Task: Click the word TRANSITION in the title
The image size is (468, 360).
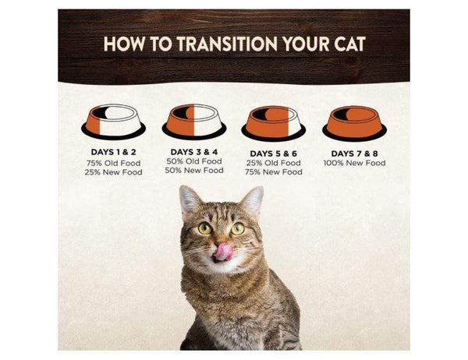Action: [227, 44]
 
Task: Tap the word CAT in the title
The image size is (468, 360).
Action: [349, 44]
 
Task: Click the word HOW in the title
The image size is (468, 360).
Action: [123, 44]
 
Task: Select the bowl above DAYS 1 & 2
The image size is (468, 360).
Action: [113, 122]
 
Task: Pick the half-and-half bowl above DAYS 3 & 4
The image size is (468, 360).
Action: [194, 122]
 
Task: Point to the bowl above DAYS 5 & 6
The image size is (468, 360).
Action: [274, 123]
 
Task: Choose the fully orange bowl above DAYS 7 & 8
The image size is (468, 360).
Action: [354, 123]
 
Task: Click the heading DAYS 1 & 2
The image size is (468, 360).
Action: [113, 152]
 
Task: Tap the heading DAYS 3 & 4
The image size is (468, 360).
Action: [194, 152]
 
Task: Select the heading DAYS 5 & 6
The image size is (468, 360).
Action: [274, 154]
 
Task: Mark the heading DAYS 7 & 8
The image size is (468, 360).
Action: [354, 154]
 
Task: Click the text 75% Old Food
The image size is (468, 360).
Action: [113, 163]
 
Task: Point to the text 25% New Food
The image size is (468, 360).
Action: [113, 172]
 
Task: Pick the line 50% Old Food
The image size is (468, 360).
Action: [194, 161]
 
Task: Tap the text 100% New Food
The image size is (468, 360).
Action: [354, 163]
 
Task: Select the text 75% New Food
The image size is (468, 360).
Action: [274, 172]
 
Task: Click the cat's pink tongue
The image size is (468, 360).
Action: [223, 251]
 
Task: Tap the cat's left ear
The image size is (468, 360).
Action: [190, 200]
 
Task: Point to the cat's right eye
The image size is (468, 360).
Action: [238, 228]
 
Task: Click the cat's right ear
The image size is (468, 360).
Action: [253, 201]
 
